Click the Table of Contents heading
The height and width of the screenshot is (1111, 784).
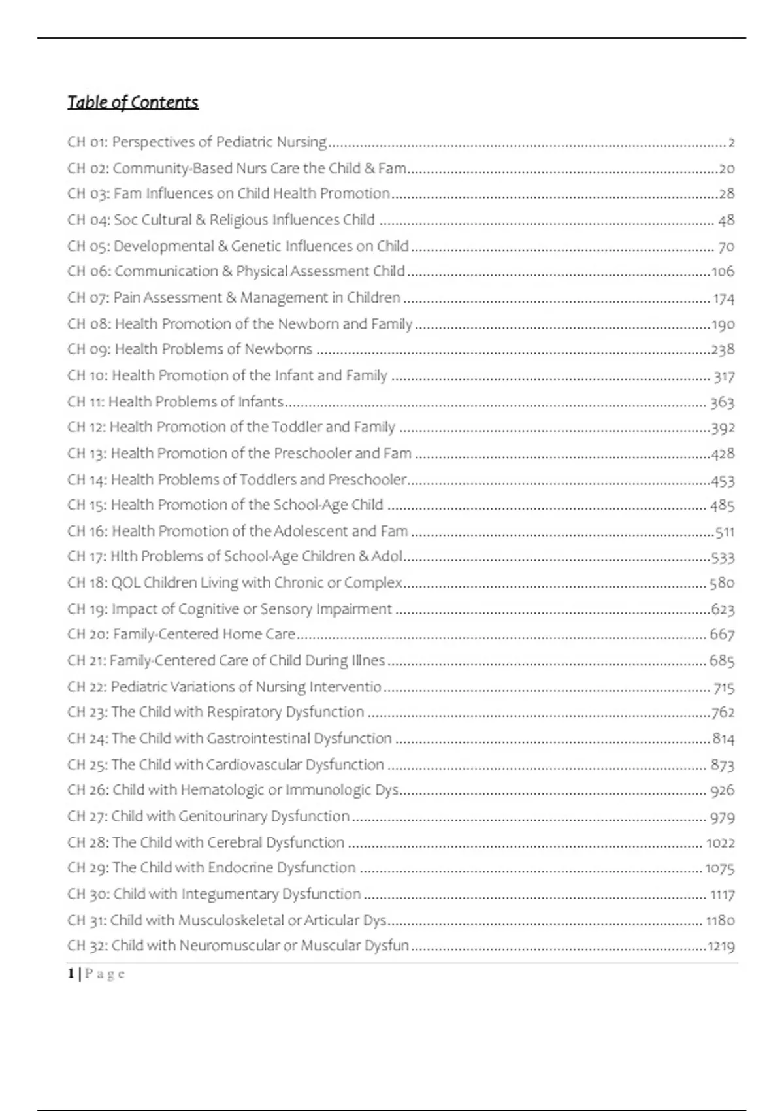tap(133, 103)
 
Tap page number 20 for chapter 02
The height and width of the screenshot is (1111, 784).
tap(727, 169)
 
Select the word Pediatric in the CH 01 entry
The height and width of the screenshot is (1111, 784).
tap(244, 142)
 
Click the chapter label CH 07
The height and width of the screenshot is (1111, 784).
tap(87, 298)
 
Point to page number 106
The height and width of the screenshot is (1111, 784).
tap(723, 271)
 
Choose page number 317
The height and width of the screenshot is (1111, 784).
tap(724, 376)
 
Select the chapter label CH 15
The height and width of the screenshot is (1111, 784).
tap(87, 505)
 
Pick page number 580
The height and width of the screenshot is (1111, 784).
tap(722, 582)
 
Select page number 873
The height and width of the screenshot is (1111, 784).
tap(723, 765)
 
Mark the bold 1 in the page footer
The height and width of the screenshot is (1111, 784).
tap(71, 974)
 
